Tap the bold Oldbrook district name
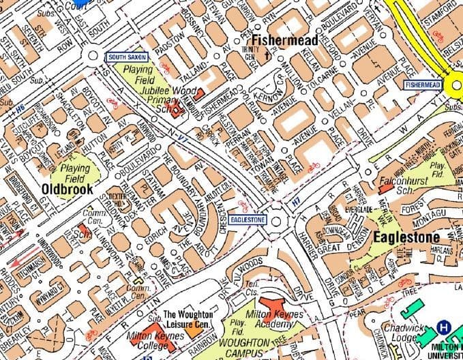point(66,188)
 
